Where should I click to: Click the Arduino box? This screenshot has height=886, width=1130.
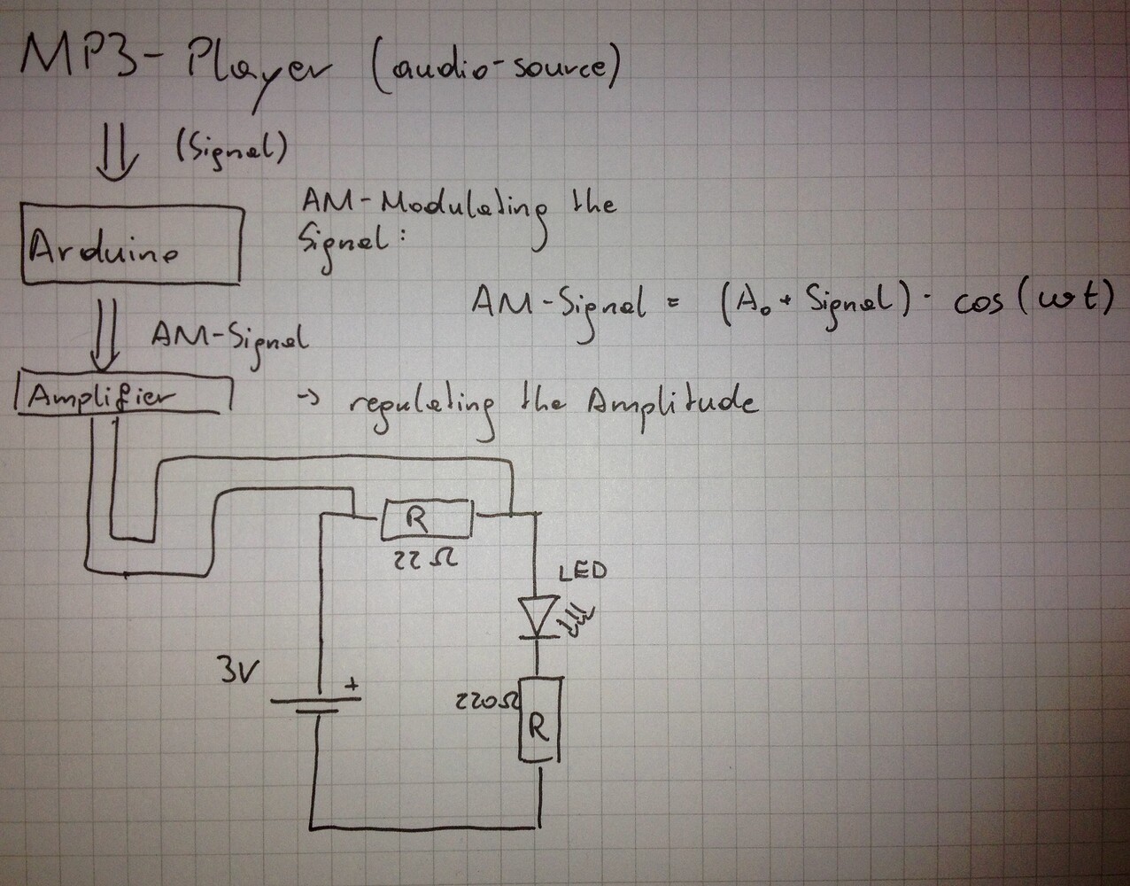pos(131,245)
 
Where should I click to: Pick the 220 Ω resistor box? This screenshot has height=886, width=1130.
pos(539,719)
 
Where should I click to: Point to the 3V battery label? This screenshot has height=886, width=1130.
pos(236,672)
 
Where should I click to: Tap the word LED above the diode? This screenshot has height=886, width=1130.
pos(583,571)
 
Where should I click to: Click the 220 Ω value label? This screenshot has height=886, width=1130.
pos(487,703)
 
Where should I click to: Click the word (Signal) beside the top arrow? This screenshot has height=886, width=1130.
pos(224,149)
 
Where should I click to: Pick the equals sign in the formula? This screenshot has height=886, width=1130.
pos(672,307)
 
